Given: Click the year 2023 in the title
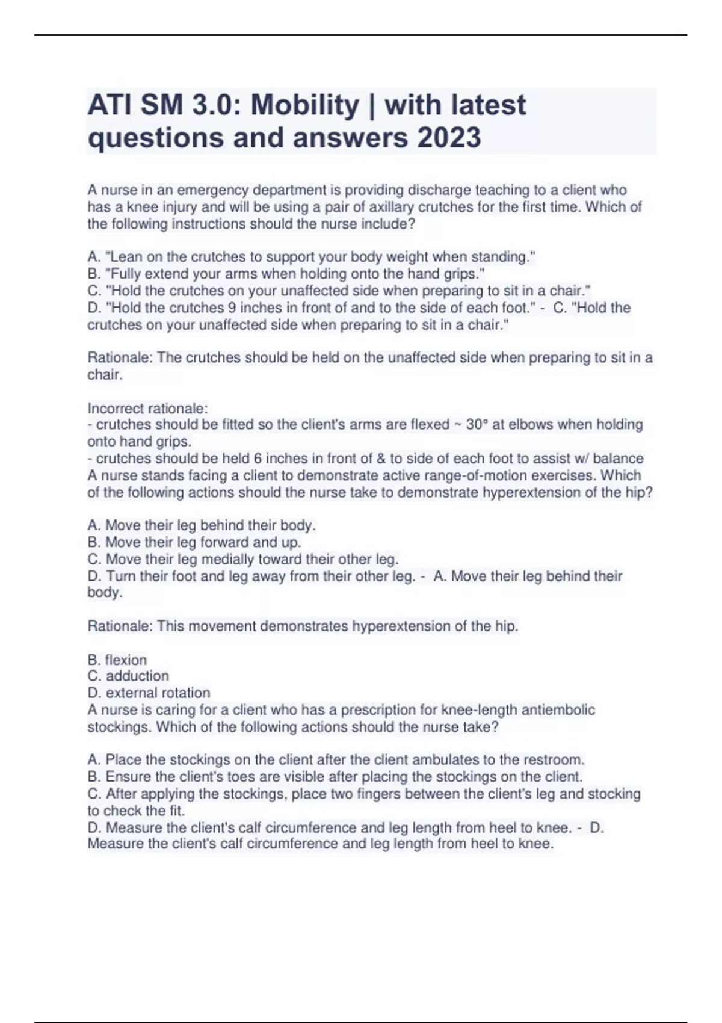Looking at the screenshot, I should (449, 138).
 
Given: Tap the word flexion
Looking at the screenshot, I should (126, 660).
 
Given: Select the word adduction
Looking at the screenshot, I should (137, 676).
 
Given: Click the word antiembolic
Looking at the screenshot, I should (558, 710).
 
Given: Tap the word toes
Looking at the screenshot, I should (258, 777).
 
